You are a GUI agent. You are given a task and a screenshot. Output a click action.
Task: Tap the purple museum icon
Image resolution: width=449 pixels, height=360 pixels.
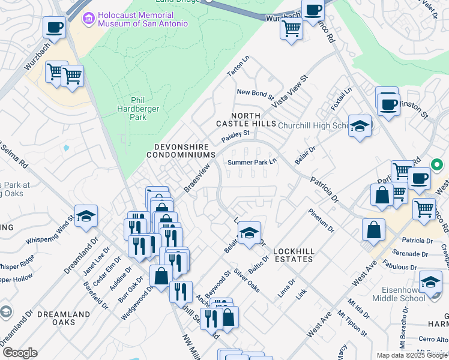pyautogui.click(x=89, y=19)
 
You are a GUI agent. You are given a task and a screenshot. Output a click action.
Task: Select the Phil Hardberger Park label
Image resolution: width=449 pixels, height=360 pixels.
pyautogui.click(x=130, y=109)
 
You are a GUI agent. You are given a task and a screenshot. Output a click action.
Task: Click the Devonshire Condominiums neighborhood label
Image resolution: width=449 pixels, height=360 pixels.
pyautogui.click(x=181, y=150)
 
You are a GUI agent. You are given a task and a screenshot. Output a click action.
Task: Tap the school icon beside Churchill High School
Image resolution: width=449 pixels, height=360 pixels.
pyautogui.click(x=360, y=127)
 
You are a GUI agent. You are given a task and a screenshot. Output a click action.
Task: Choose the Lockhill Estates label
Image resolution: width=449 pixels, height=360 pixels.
pyautogui.click(x=293, y=255)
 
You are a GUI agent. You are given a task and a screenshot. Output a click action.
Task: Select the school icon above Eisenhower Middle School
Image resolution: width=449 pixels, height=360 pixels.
pyautogui.click(x=430, y=281)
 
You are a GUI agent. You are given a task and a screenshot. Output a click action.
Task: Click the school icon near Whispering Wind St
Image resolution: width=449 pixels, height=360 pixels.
pyautogui.click(x=86, y=216)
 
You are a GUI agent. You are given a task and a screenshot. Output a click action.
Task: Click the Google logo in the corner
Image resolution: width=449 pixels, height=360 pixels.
pyautogui.click(x=19, y=353)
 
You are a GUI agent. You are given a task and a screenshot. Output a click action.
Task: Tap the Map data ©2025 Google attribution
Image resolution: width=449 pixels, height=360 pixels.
pyautogui.click(x=411, y=355)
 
